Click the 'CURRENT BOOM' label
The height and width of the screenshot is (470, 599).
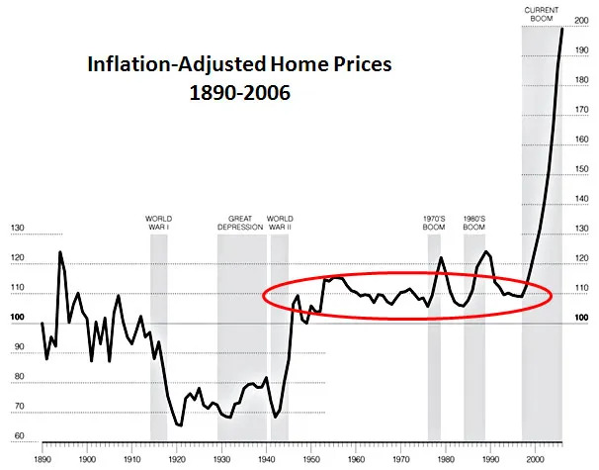click(540, 14)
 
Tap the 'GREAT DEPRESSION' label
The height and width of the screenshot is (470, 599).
click(240, 223)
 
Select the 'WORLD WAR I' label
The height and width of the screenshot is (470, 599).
click(158, 223)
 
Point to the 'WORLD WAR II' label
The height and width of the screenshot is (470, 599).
click(280, 223)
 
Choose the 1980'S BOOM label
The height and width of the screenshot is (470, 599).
click(473, 223)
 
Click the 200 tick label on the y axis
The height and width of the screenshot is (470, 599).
click(581, 21)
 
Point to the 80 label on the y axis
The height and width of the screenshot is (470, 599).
click(17, 378)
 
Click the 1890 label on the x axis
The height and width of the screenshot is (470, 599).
click(43, 459)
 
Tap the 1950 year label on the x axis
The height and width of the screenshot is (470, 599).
click(311, 459)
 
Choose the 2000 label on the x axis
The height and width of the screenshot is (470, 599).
click(537, 459)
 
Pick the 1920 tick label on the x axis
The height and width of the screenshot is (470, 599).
click(177, 459)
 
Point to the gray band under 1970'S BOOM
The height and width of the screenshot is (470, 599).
click(434, 376)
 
